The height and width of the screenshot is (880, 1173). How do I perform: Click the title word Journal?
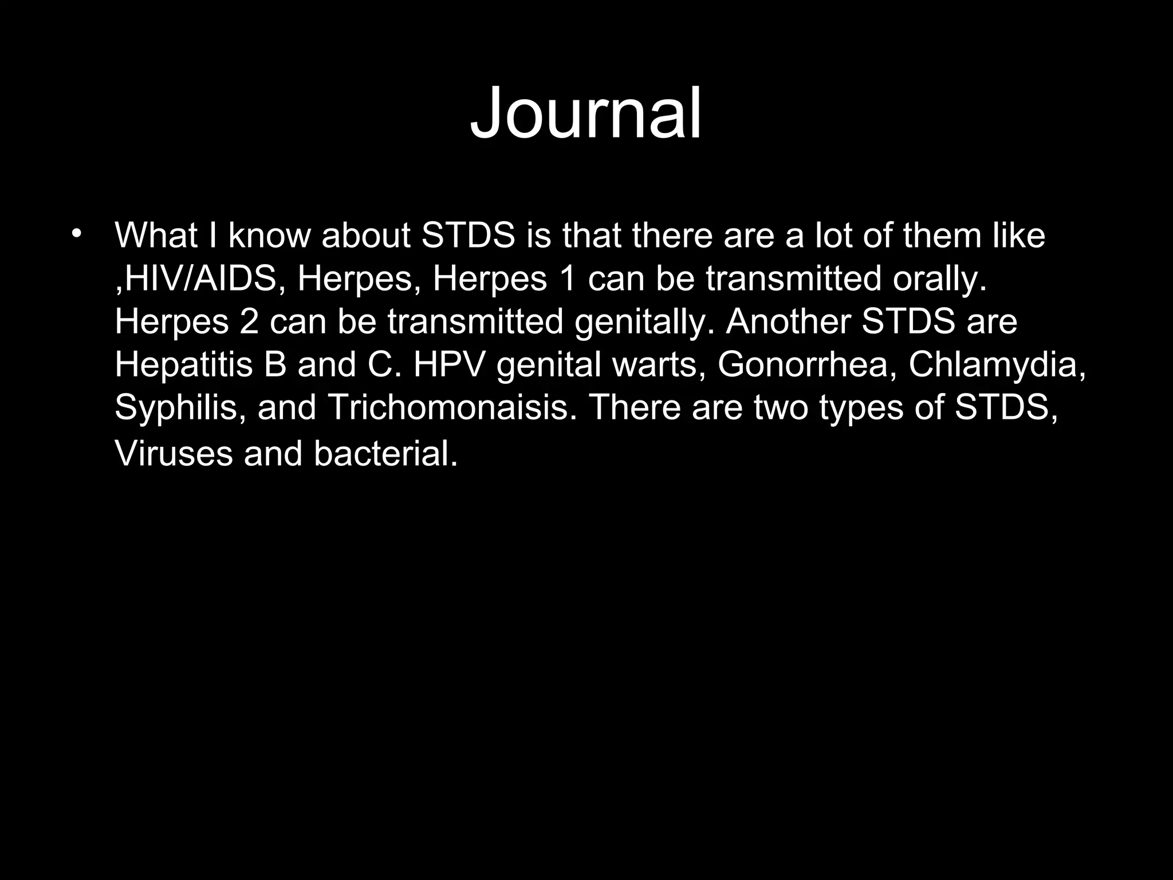585,113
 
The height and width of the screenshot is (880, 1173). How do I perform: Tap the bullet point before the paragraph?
77,234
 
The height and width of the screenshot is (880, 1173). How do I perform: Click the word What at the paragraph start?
156,235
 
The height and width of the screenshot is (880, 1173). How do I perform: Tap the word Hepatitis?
183,364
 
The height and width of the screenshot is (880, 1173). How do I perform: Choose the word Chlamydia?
997,364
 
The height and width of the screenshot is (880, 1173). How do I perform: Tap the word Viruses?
174,454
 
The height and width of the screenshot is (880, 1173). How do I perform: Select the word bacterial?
385,454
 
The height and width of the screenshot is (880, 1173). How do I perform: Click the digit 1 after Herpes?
568,279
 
